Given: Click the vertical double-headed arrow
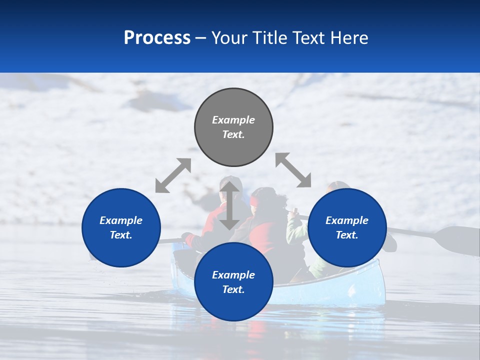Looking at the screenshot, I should point(229,205).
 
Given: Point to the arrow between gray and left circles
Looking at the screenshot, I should point(173,175).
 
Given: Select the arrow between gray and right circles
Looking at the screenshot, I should point(293,170).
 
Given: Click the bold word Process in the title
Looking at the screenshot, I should point(157,37).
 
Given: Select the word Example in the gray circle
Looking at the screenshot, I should point(233,120).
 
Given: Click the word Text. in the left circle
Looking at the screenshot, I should point(121,235).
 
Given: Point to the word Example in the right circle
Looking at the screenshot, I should point(347,220).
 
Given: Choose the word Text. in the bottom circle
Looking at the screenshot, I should point(233,289).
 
